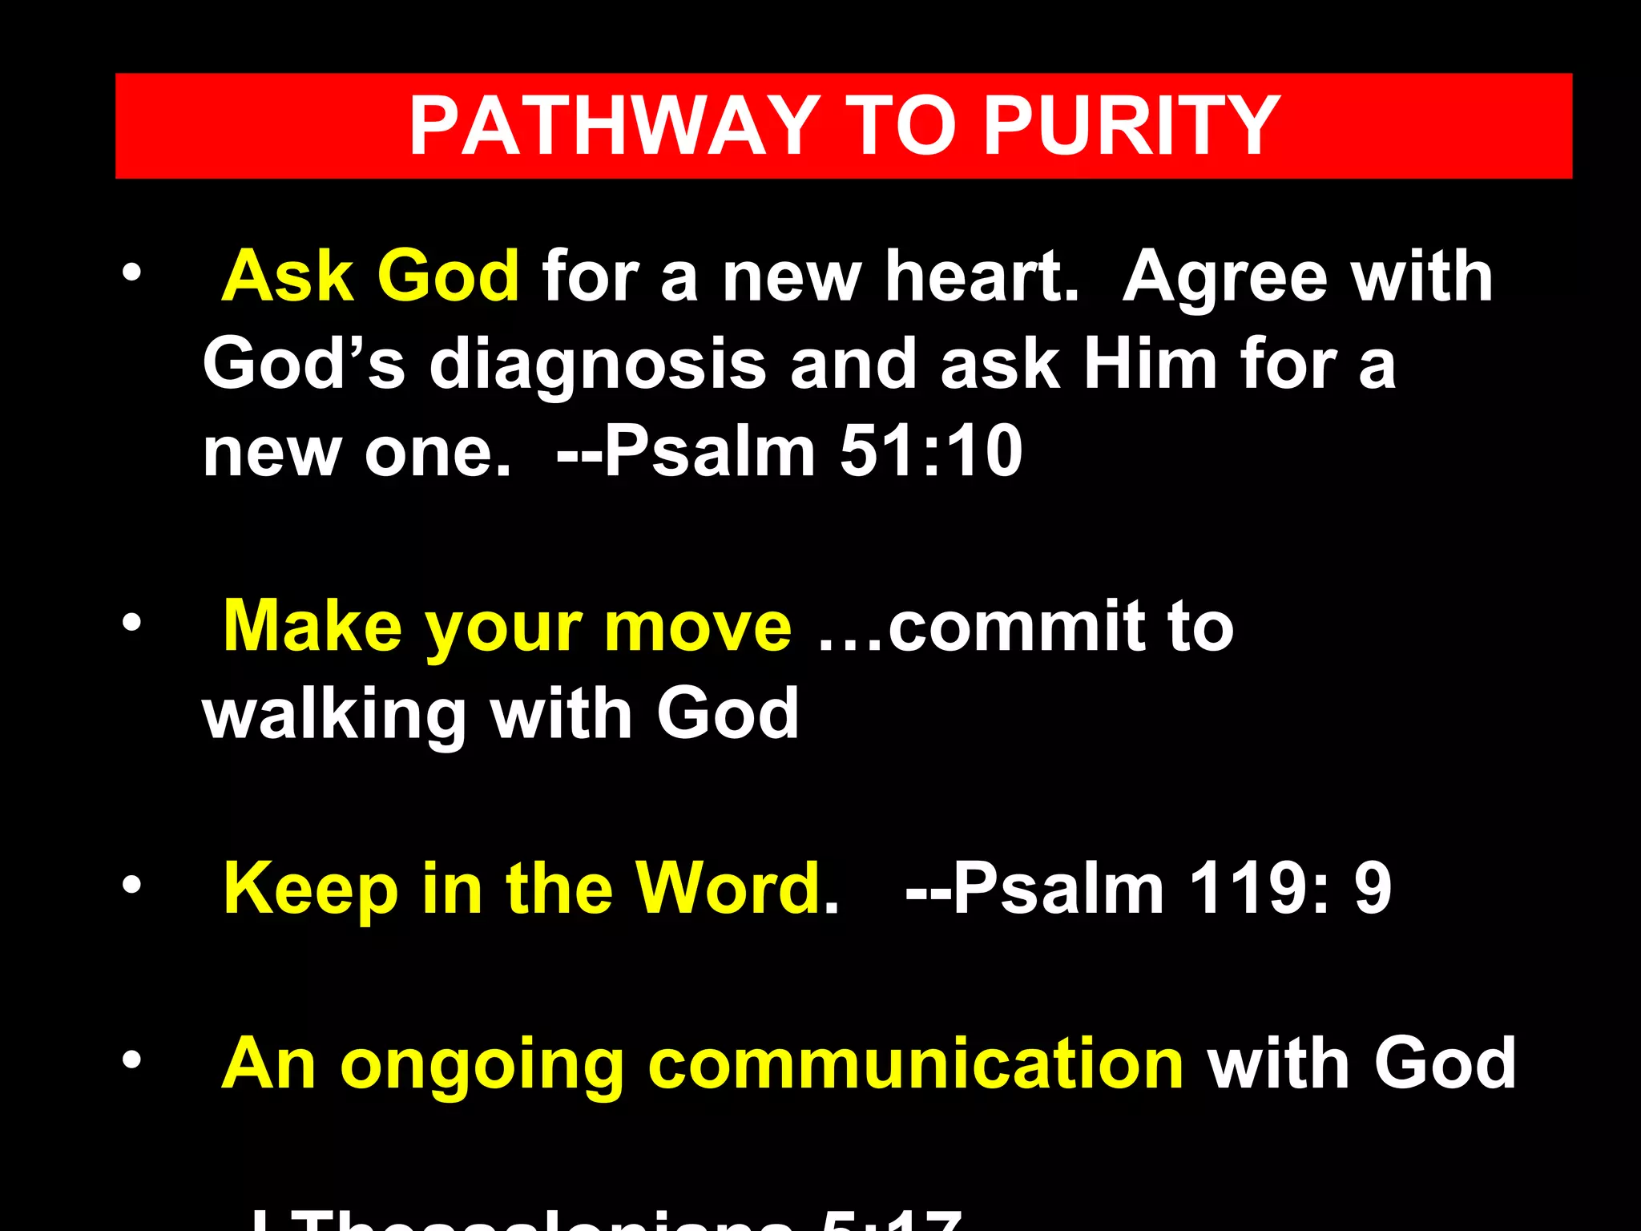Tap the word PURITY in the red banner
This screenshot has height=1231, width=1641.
[x=1131, y=126]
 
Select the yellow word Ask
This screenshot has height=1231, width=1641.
[x=288, y=276]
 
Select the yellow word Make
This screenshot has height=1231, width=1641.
[x=312, y=627]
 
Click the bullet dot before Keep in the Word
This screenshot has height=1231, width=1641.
[x=131, y=885]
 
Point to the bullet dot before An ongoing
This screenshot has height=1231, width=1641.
[x=131, y=1060]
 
